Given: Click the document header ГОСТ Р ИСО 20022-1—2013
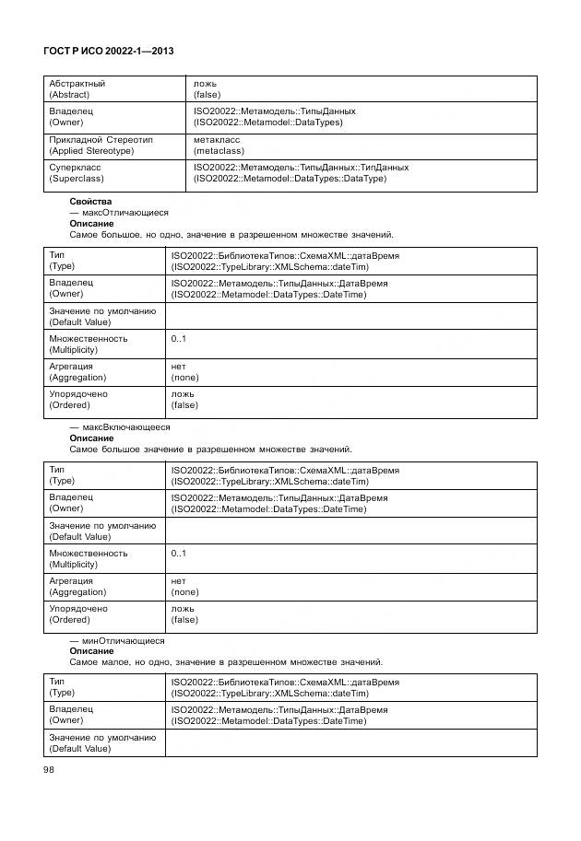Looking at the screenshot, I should (x=109, y=53).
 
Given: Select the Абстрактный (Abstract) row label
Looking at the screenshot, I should (x=77, y=88).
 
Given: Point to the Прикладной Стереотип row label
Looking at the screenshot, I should (x=101, y=145).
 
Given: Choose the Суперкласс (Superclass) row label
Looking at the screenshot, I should (x=77, y=172).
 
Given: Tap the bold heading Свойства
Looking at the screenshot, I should (x=90, y=201).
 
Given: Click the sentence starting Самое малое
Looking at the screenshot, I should (x=226, y=662).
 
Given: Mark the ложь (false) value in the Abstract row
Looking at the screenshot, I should (x=207, y=88).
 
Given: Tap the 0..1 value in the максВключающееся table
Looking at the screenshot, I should (x=178, y=554).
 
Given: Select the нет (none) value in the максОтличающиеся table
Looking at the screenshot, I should (x=185, y=372).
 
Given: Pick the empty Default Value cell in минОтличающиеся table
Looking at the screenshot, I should (x=350, y=743).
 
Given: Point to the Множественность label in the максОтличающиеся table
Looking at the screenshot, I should (x=89, y=344).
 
